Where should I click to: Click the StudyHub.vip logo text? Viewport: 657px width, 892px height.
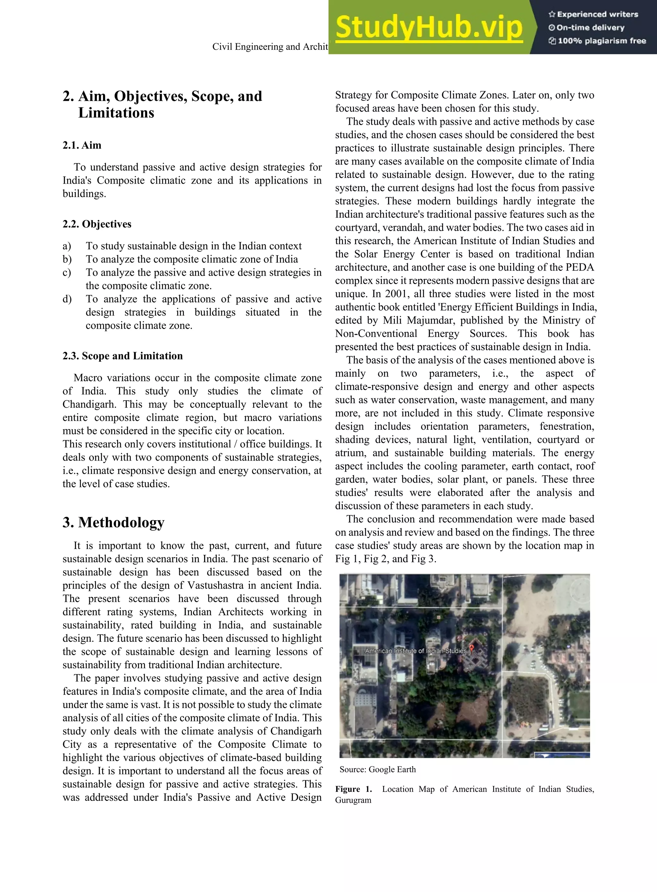tap(429, 27)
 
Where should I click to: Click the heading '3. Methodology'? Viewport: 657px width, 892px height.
tap(113, 522)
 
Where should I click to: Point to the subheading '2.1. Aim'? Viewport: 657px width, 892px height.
tap(82, 145)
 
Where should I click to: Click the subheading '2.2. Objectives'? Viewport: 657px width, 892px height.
tap(97, 224)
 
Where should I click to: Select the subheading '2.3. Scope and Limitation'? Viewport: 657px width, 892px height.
tap(123, 356)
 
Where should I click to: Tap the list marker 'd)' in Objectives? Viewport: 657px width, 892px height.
tap(67, 299)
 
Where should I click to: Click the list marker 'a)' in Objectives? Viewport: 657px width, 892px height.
tap(67, 246)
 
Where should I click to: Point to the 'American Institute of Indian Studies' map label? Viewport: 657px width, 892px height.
tap(415, 651)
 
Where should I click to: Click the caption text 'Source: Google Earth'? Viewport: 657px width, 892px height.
tap(377, 769)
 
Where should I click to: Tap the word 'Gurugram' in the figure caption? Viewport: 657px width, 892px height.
tap(353, 800)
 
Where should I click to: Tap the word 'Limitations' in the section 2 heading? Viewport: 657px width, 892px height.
tap(116, 113)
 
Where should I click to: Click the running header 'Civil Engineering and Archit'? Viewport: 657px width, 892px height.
tap(270, 47)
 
